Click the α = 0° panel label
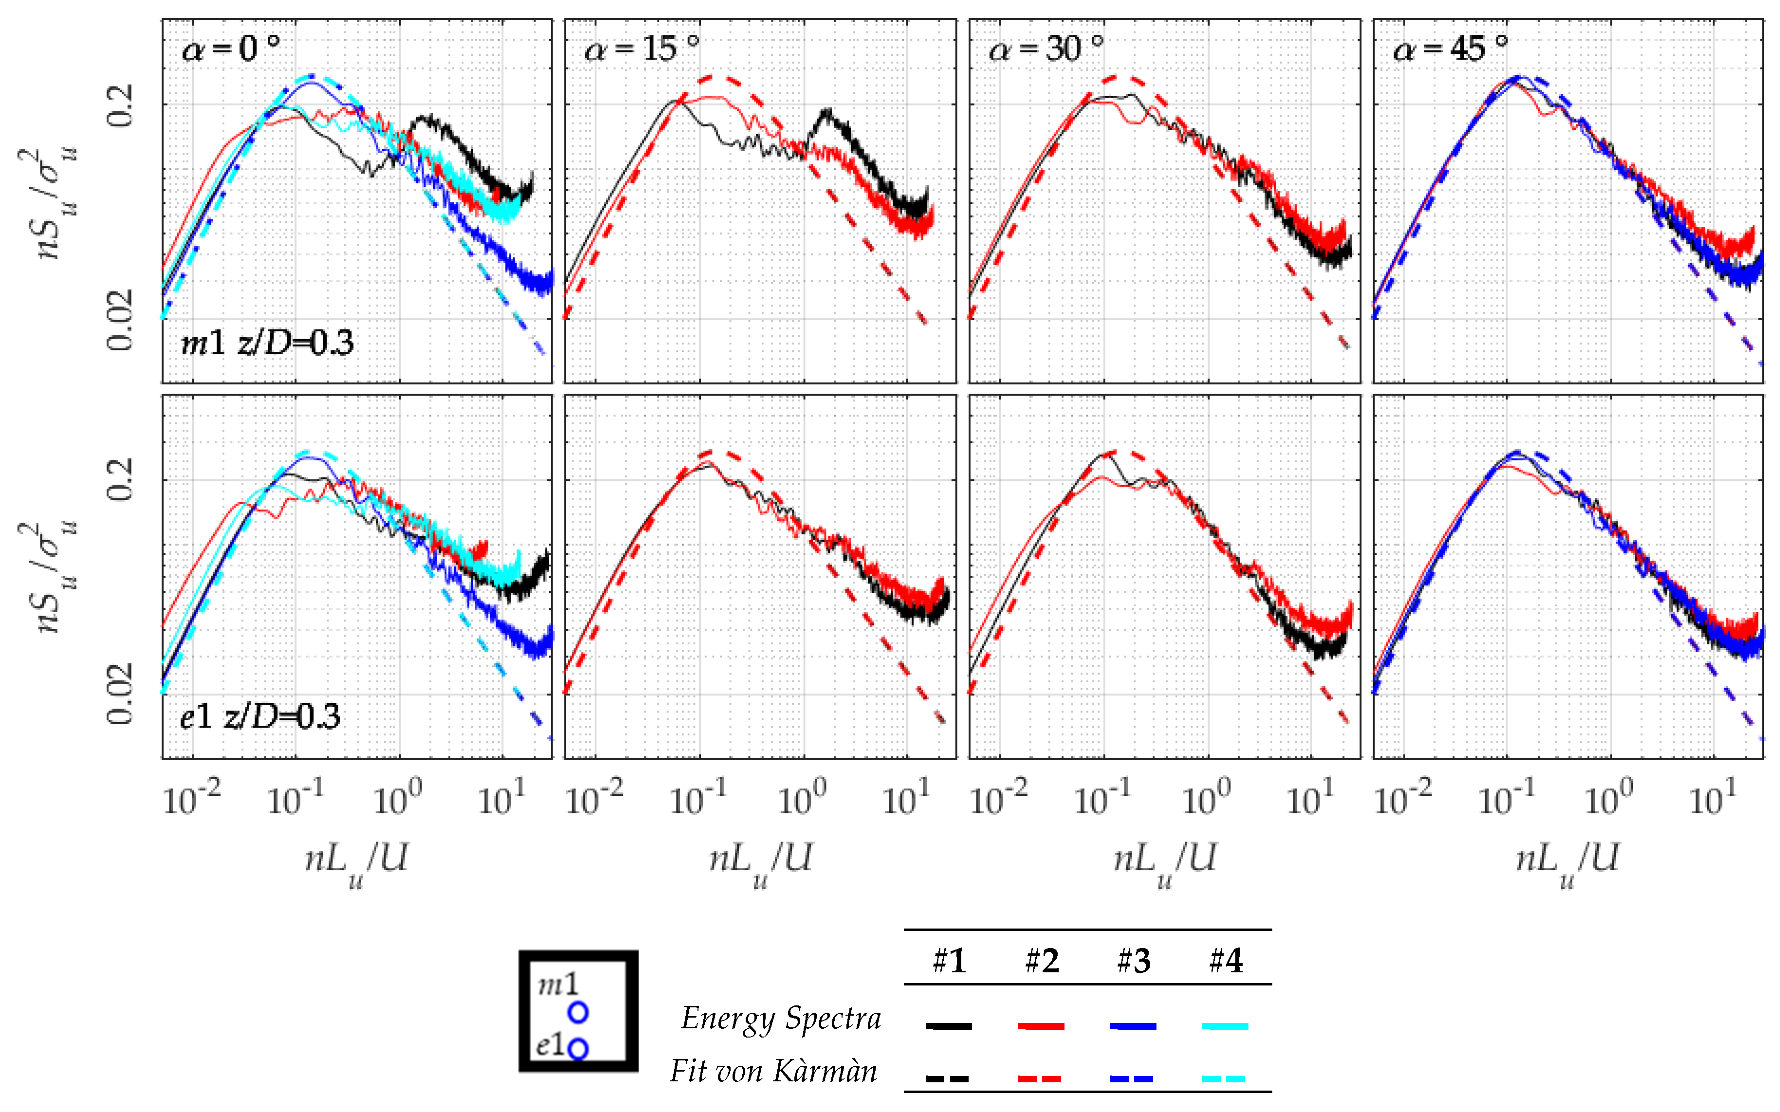coord(230,49)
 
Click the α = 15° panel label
coord(642,49)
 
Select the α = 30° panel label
coord(1046,49)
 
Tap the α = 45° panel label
coord(1450,49)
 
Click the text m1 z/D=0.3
coord(267,343)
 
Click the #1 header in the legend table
coord(949,961)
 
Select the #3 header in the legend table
coord(1134,961)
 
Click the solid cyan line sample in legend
coord(1225,1025)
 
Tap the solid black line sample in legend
coord(948,1025)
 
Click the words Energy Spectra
coord(780,1019)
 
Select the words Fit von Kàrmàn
coord(773,1071)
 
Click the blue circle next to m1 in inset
coord(578,1013)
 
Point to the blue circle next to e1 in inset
coord(578,1049)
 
